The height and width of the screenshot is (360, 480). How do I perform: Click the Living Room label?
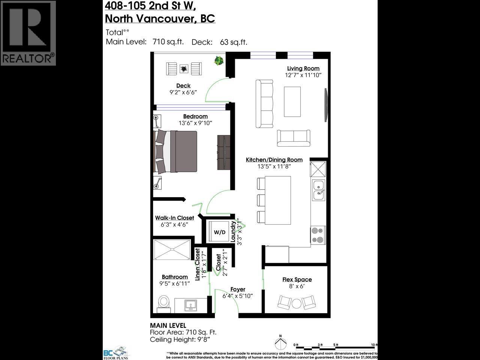click(303, 68)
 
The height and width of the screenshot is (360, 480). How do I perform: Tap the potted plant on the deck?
click(219, 60)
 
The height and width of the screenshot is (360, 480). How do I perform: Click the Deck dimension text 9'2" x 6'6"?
click(183, 92)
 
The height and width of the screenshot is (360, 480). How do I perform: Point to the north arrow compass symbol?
click(280, 343)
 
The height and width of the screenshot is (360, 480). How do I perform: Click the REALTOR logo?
click(28, 33)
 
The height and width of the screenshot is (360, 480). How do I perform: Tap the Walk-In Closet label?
click(174, 218)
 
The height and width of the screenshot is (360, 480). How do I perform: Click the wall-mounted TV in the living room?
click(325, 105)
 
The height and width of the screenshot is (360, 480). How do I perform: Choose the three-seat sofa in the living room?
click(264, 103)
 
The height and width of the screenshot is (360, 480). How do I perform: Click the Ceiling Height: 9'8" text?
click(180, 339)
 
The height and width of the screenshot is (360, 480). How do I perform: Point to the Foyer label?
click(238, 289)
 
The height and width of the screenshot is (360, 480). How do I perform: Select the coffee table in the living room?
click(292, 102)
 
